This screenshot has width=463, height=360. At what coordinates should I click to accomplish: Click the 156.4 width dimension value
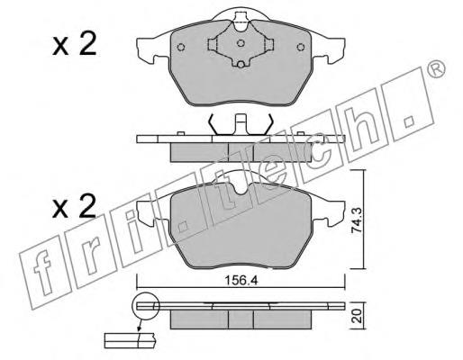(241, 281)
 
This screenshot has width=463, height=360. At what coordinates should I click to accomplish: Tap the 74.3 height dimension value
(358, 221)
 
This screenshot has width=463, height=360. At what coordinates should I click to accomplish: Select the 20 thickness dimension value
(358, 317)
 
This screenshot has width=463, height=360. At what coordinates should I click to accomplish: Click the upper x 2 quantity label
(75, 44)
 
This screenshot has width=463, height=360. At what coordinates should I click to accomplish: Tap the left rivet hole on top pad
(181, 47)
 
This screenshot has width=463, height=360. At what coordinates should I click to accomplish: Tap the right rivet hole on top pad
(300, 47)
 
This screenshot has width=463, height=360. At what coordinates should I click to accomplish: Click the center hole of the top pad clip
(241, 43)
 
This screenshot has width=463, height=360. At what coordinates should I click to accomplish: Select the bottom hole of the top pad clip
(241, 65)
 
